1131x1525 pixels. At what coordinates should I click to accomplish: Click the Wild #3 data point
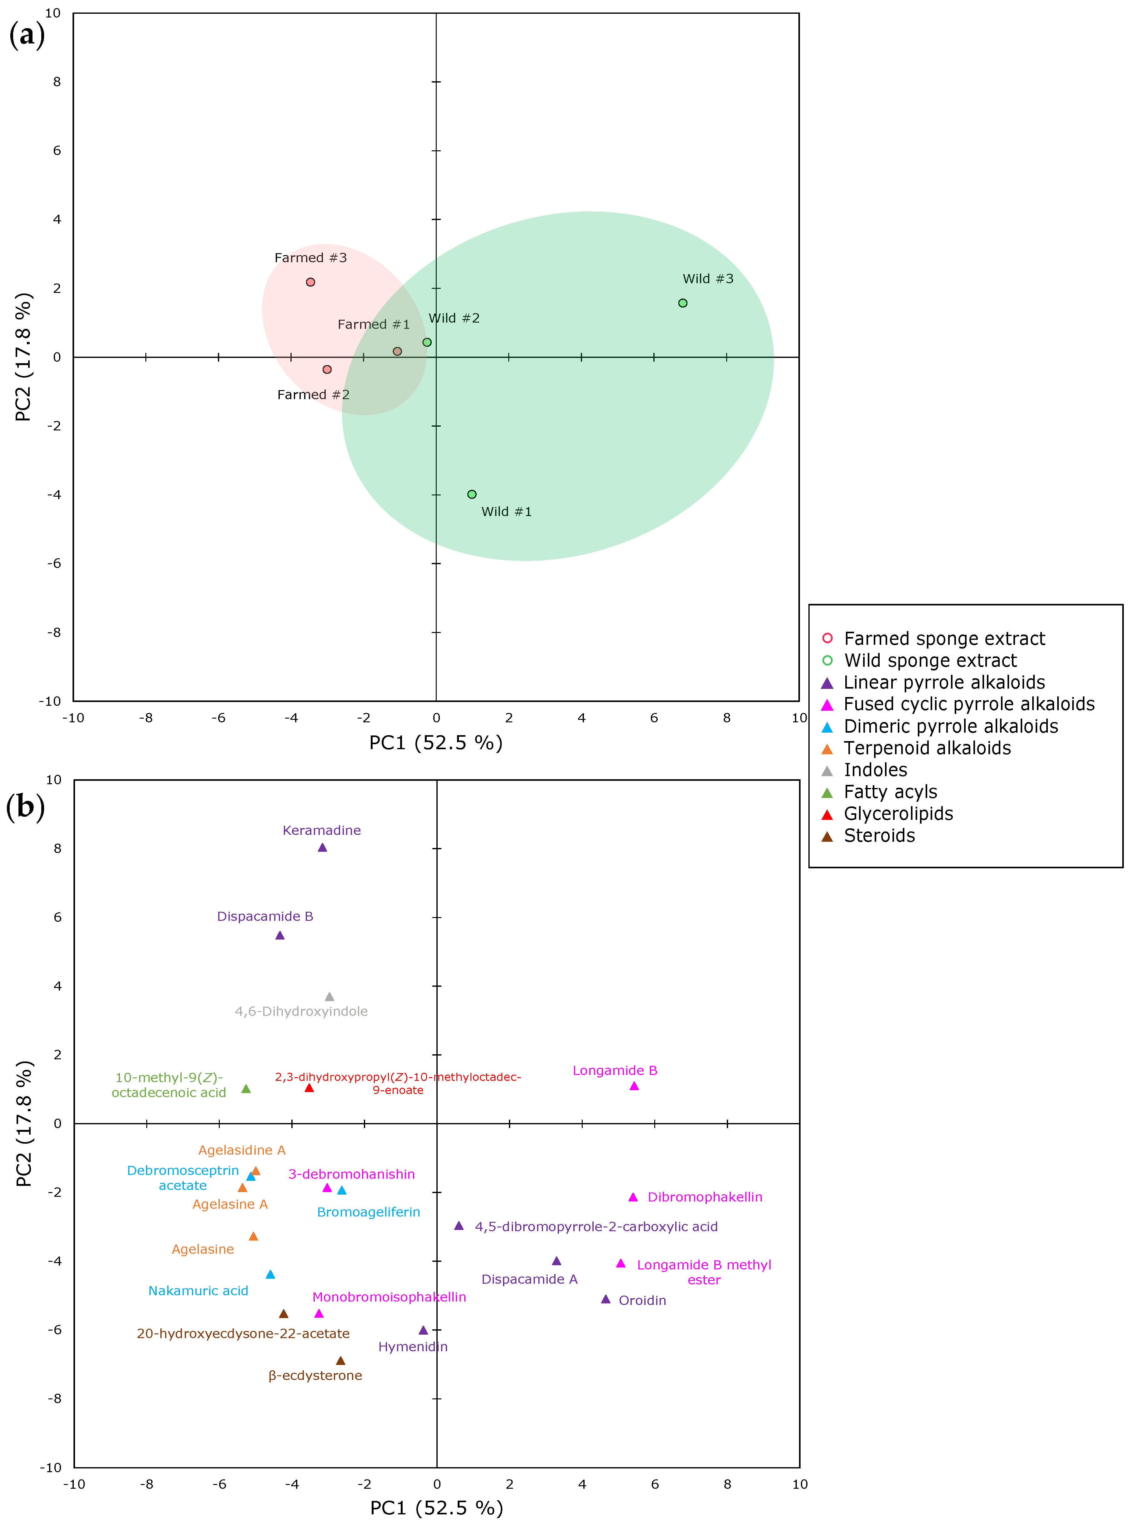point(683,303)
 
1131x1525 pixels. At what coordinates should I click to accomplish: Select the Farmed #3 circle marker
point(310,282)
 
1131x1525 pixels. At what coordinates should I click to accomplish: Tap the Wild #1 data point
point(472,494)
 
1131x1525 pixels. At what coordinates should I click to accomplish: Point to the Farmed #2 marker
point(327,370)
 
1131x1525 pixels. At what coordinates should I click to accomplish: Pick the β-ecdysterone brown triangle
point(340,1361)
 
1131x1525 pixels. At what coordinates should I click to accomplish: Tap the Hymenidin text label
point(413,1347)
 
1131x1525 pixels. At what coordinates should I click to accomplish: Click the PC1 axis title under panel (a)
point(436,743)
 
